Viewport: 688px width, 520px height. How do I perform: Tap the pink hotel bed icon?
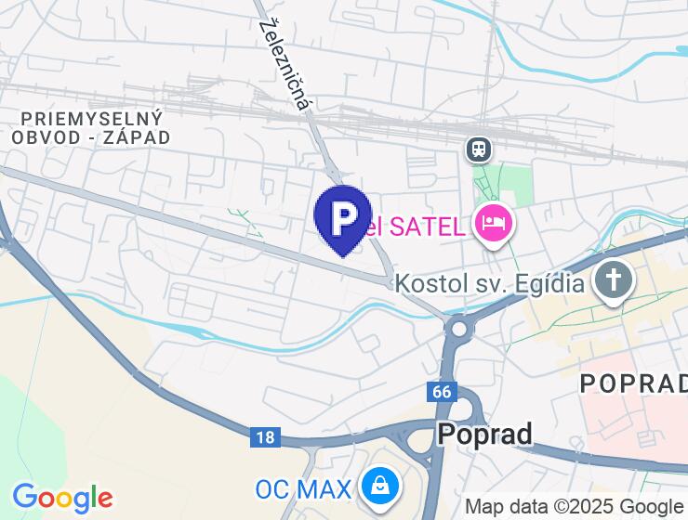(493, 223)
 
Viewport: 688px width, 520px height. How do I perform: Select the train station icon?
(479, 148)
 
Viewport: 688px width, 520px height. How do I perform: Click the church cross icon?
(614, 280)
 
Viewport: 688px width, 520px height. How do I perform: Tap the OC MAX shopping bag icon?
(381, 485)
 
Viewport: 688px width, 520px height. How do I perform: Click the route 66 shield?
(442, 392)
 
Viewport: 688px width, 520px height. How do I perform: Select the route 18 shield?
(265, 436)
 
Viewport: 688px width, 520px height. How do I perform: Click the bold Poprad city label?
(484, 434)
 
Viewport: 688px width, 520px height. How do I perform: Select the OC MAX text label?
(304, 488)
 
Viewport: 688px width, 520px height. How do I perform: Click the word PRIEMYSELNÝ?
(91, 118)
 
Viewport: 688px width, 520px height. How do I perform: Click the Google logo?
(62, 498)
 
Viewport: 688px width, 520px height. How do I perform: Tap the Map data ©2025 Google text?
(574, 507)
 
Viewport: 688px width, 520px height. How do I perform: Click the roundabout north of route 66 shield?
(458, 329)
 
